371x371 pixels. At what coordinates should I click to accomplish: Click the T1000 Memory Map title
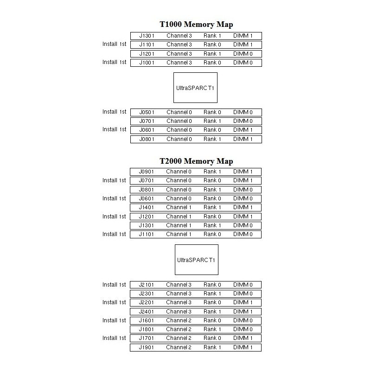point(196,25)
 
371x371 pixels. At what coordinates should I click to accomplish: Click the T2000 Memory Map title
point(196,161)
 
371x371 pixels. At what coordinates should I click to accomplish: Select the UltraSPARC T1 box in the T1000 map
point(195,88)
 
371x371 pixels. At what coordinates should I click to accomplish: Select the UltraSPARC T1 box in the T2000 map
point(196,260)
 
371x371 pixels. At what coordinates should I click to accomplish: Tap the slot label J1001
point(147,63)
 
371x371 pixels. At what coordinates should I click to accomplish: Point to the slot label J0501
point(147,112)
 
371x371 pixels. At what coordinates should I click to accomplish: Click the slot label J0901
point(147,172)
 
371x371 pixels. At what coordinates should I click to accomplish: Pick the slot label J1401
point(147,207)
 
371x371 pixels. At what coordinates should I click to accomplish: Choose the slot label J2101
point(147,285)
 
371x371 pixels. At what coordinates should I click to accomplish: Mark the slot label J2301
point(147,294)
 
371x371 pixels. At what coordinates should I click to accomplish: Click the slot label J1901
point(147,347)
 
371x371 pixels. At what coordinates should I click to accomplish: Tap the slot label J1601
point(147,320)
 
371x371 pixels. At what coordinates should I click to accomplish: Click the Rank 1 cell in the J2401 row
point(212,312)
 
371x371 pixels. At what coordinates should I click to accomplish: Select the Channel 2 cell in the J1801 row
point(179,329)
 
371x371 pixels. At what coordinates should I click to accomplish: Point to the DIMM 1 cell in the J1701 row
point(243,338)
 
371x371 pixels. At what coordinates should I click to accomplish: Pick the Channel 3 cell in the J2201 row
point(179,302)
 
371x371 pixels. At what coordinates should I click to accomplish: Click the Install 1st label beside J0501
point(114,112)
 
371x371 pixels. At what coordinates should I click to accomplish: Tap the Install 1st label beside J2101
point(114,284)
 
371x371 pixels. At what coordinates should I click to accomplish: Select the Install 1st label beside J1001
point(114,62)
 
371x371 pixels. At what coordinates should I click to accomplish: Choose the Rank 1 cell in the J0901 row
point(212,172)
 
